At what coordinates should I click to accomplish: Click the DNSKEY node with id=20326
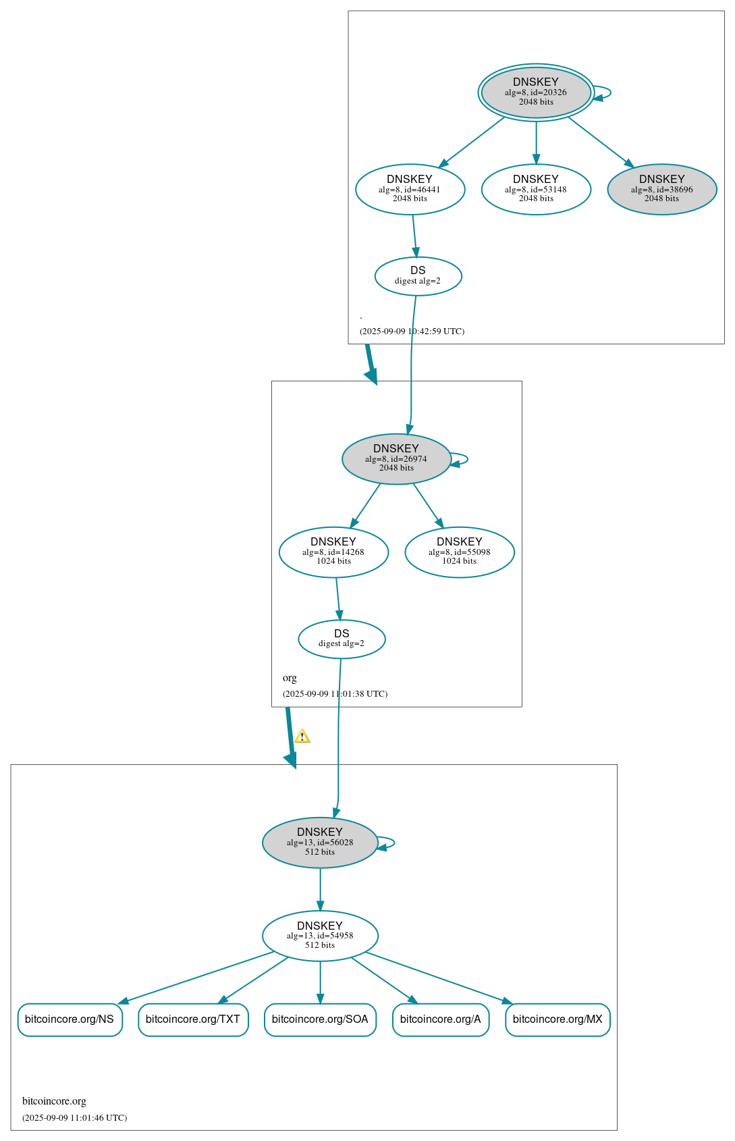536,92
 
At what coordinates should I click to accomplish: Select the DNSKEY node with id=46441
410,189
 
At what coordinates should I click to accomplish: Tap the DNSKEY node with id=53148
536,189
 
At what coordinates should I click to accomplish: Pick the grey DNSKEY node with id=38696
661,189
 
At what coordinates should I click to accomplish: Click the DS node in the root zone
418,275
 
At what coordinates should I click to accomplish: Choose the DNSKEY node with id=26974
396,458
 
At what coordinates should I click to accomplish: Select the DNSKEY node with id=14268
333,552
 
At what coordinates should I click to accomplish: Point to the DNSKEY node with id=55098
459,552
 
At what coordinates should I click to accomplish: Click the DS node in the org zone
342,639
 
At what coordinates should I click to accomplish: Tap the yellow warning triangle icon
302,736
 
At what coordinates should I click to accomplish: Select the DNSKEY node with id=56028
320,842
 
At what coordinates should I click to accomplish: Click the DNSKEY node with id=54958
320,935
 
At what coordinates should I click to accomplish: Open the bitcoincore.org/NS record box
70,1019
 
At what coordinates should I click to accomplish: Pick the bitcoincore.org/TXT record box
193,1019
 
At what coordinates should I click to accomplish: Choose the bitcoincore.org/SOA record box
320,1019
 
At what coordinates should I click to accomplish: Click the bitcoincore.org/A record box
440,1019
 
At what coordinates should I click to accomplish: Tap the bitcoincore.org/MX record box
557,1019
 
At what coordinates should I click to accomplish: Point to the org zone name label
290,678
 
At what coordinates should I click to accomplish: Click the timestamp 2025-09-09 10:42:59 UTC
412,331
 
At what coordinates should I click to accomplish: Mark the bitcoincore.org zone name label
54,1101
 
